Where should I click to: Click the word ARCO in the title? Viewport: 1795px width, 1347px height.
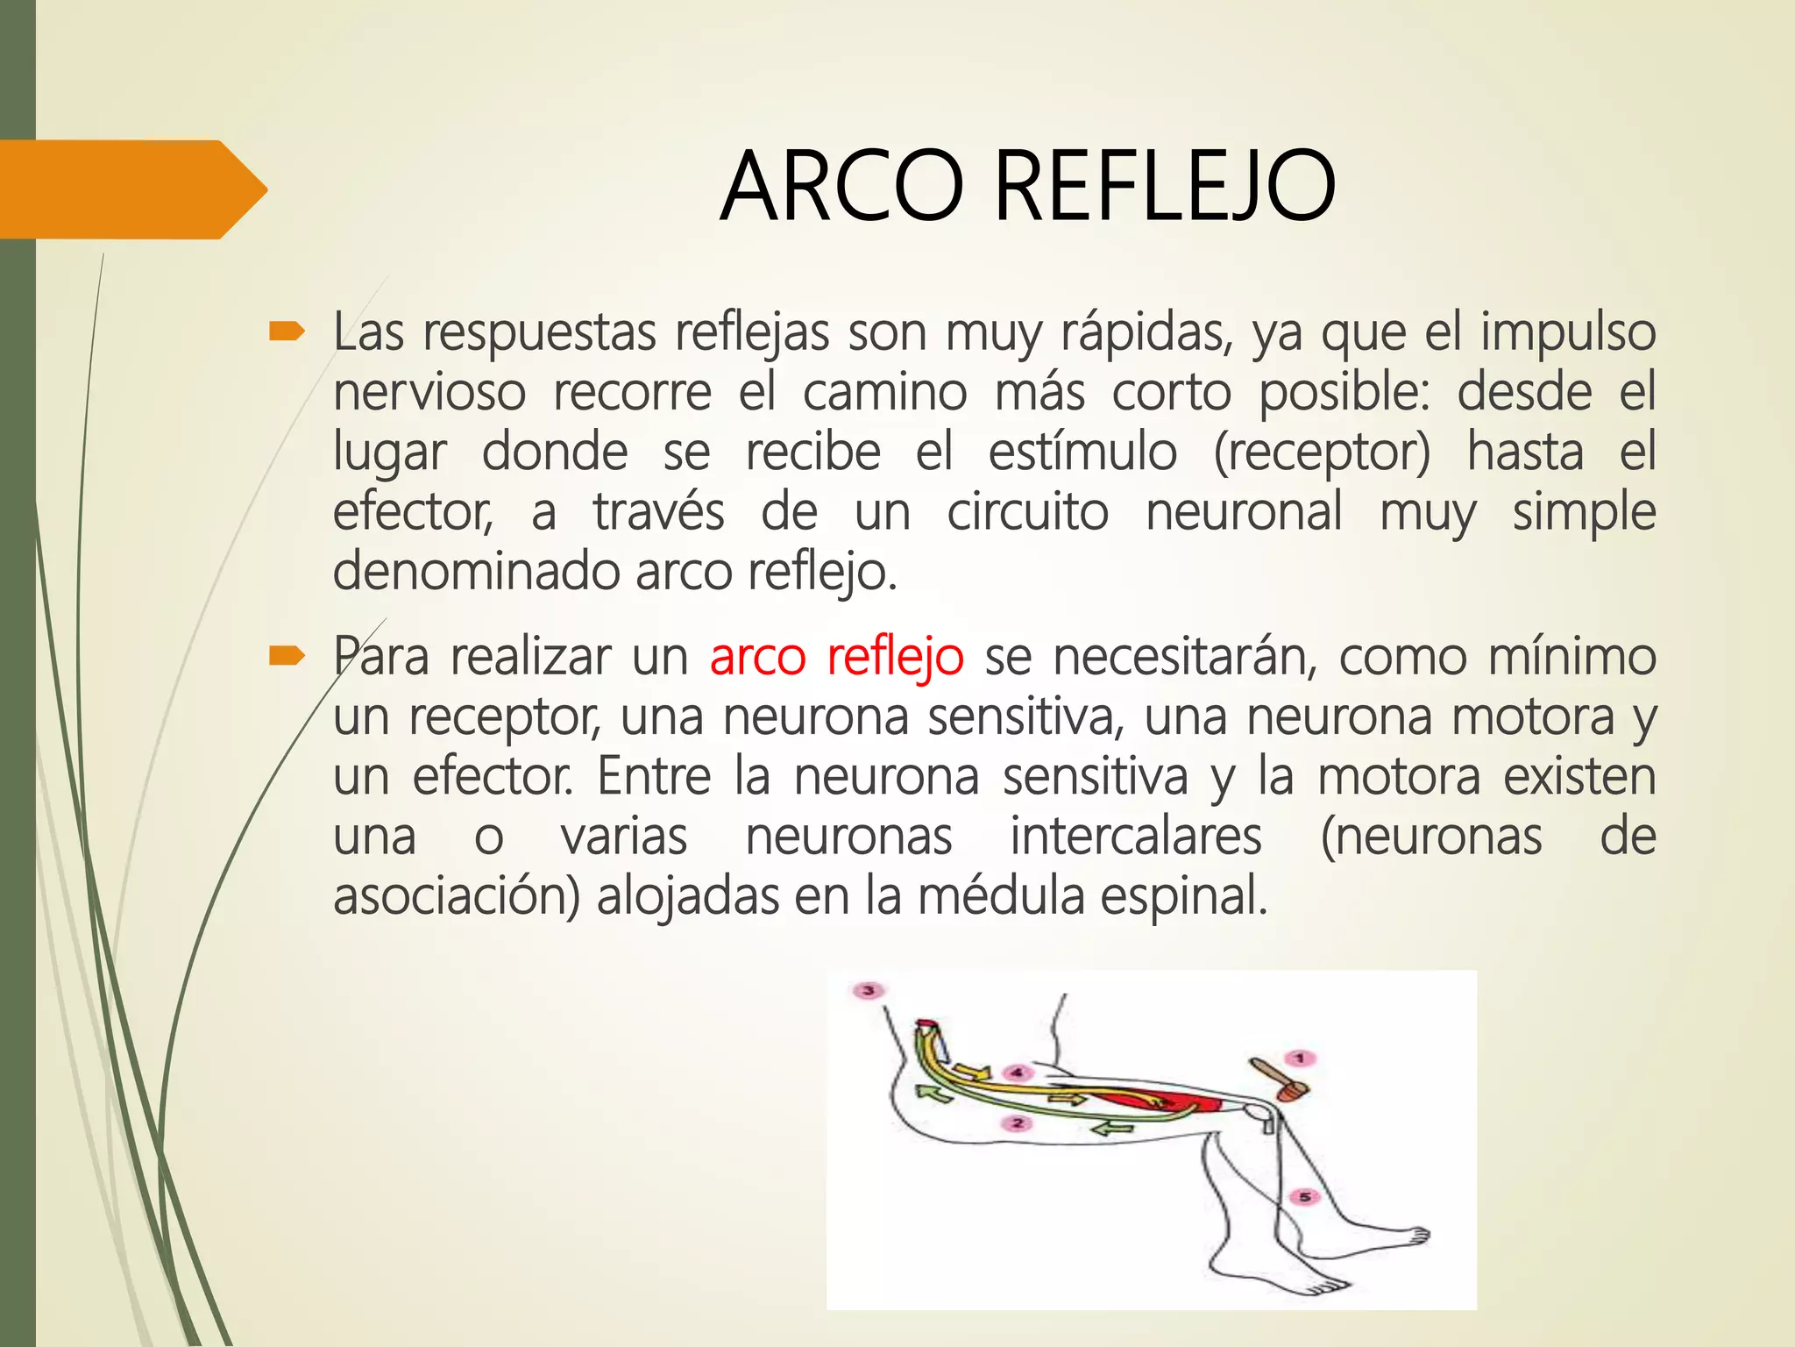841,187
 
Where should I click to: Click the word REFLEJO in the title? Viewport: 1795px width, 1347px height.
1165,187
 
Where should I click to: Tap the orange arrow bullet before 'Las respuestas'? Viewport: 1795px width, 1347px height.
287,331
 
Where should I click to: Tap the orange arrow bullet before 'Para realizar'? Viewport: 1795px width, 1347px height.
287,655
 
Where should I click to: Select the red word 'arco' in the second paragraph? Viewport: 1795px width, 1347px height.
757,657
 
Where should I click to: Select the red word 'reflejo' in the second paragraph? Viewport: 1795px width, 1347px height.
895,659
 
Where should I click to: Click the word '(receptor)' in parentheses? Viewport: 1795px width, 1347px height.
1322,453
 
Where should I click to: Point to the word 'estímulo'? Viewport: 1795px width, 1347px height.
1082,452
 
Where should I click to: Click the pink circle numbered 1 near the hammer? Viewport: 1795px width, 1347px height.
1301,1058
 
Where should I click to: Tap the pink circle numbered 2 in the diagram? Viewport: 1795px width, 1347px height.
1017,1123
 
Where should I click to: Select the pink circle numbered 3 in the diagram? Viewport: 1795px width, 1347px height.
869,991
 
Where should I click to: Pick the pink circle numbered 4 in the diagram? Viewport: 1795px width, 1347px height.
1017,1073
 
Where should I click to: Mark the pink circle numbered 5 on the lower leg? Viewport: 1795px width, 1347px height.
1305,1197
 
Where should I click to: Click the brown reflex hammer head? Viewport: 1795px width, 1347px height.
1292,1091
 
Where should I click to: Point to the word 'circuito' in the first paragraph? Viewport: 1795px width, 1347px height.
1027,512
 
